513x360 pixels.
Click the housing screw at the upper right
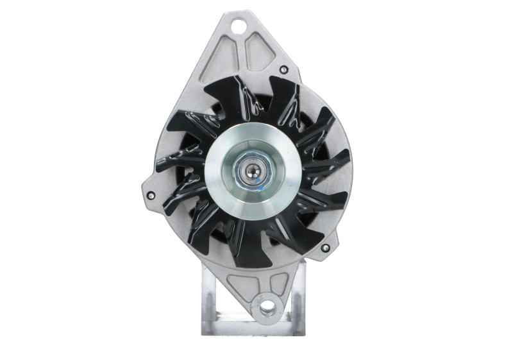pyautogui.click(x=282, y=69)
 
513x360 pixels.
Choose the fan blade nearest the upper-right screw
pyautogui.click(x=282, y=96)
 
